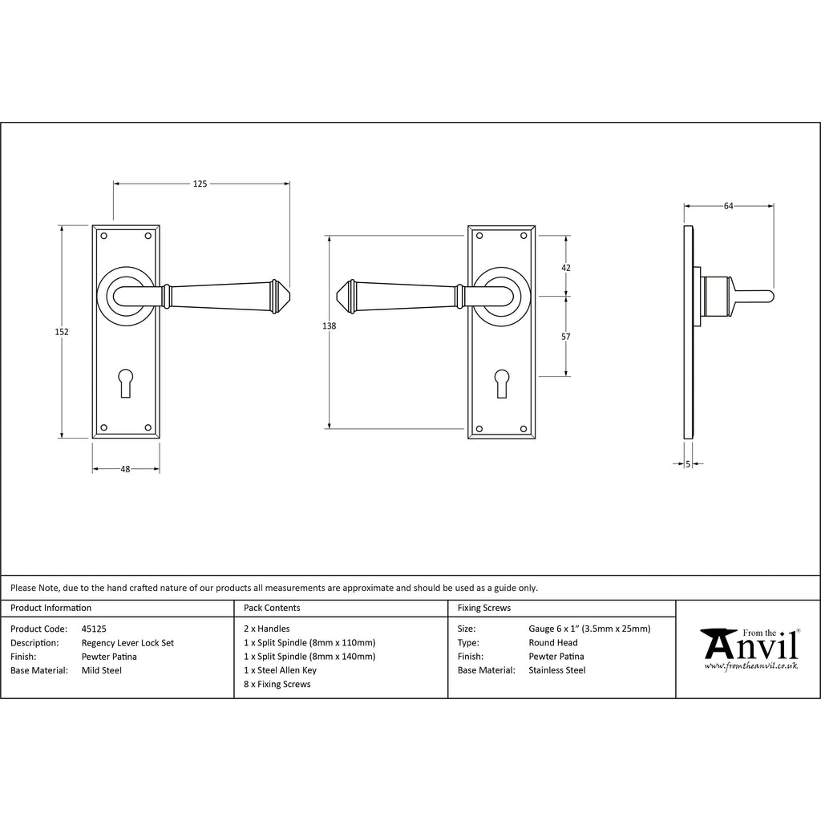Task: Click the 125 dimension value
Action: [200, 184]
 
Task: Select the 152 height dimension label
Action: [62, 331]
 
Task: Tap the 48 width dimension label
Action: [125, 469]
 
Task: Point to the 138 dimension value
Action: [329, 326]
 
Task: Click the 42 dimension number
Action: [566, 268]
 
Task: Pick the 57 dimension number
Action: [566, 337]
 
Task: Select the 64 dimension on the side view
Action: [728, 206]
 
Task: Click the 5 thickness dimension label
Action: [688, 463]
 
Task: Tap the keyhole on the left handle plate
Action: [126, 382]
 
